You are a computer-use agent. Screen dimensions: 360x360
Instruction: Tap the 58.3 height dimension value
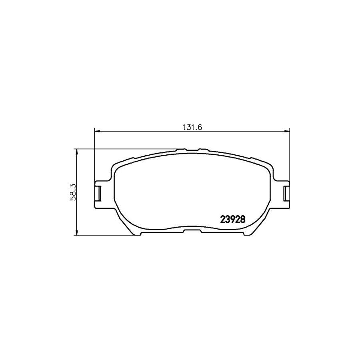click(74, 192)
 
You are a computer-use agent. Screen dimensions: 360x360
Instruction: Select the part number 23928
click(232, 219)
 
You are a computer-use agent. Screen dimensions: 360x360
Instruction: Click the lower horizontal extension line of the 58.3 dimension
click(104, 235)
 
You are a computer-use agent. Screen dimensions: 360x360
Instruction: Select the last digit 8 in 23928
click(242, 219)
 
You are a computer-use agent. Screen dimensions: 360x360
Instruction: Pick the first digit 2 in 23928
click(223, 219)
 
